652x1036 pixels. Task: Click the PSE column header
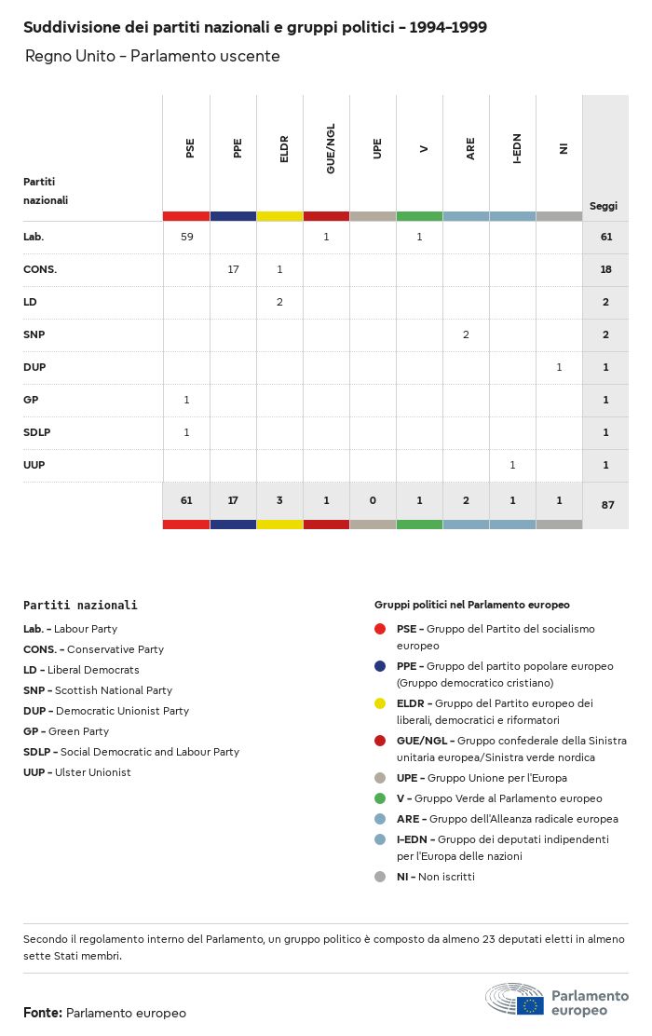pos(190,148)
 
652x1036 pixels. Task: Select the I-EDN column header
pos(517,148)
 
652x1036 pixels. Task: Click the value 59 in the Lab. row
pos(186,237)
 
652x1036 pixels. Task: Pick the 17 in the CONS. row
pos(233,269)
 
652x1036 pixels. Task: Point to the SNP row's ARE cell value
pos(466,334)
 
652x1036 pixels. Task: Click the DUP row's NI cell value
pos(559,367)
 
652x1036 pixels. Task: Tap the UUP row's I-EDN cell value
pos(512,465)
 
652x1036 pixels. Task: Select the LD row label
pos(30,302)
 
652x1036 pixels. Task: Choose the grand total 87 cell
pos(605,505)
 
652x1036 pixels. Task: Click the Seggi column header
pos(604,206)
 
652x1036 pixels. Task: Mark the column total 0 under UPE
pos(373,500)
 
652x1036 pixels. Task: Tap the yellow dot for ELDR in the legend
pos(380,703)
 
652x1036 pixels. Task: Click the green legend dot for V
pos(380,798)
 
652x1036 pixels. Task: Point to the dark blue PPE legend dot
pos(380,666)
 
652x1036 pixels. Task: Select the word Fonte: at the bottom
pos(43,1013)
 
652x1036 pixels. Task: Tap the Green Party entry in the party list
pos(66,731)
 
